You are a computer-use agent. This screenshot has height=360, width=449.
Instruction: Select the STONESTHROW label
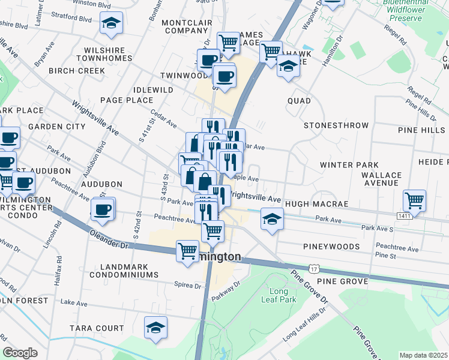point(336,125)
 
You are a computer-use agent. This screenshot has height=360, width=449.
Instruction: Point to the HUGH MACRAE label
point(316,204)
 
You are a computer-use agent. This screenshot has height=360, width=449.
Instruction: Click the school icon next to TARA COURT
point(156,328)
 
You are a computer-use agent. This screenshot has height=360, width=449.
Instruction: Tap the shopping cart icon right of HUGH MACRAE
point(414,200)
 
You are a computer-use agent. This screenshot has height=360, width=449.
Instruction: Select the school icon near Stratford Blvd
point(111,23)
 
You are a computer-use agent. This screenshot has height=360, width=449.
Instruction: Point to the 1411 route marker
point(405,215)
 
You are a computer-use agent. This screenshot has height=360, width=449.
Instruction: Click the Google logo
point(20,353)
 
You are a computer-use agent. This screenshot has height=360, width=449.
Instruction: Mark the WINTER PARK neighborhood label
point(349,165)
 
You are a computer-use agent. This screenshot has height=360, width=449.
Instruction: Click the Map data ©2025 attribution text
point(424,355)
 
